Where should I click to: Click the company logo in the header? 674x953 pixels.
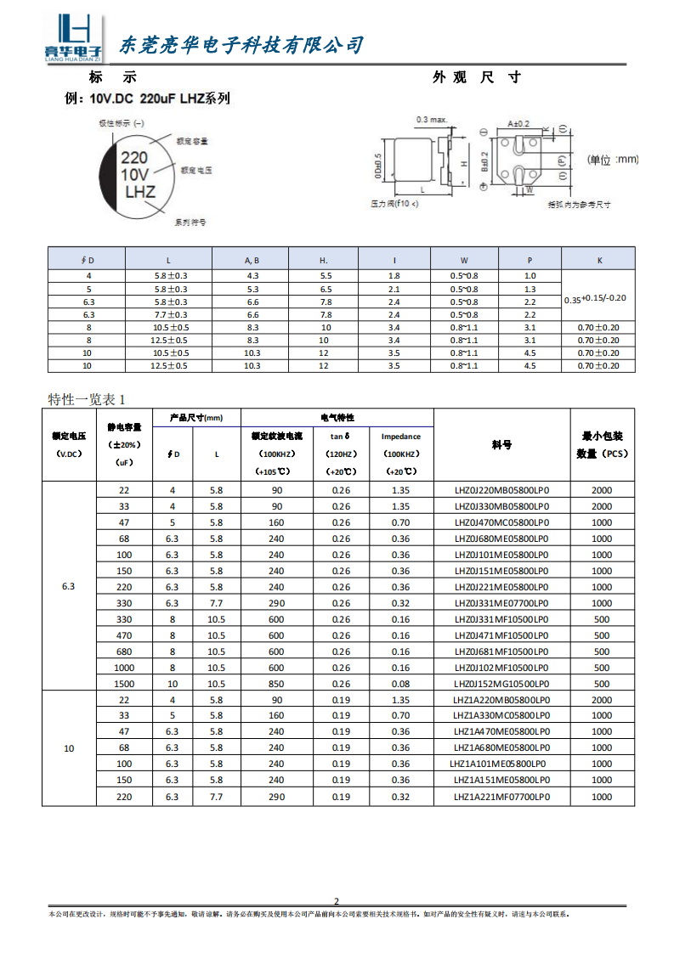point(72,39)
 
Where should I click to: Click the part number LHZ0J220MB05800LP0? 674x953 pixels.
point(501,490)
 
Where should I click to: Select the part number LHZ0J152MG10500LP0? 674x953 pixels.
point(501,684)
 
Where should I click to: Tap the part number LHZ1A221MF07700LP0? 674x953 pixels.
point(501,797)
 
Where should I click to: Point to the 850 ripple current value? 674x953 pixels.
point(277,684)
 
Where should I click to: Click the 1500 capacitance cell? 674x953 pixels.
point(124,684)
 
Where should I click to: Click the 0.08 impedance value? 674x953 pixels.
point(401,684)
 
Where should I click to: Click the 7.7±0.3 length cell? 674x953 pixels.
point(170,314)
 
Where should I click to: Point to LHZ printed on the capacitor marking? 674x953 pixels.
point(140,192)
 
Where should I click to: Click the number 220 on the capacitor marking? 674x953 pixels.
point(134,157)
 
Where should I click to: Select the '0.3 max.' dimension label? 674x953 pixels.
point(432,120)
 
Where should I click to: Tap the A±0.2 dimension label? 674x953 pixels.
point(518,123)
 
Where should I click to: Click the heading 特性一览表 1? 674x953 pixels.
point(87,399)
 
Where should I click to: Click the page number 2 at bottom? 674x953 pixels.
point(337,901)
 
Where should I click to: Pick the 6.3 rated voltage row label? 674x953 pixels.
point(69,587)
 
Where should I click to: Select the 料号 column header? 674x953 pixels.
point(501,445)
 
